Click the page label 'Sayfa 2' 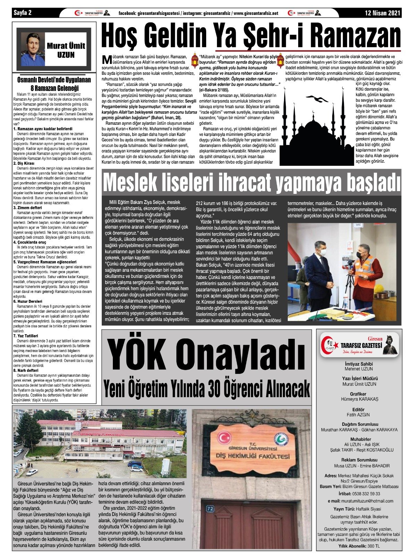click(x=23, y=13)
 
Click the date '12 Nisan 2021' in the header click(x=383, y=13)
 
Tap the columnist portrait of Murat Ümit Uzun click(x=33, y=50)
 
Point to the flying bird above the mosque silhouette click(x=317, y=100)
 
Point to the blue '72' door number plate click(x=210, y=509)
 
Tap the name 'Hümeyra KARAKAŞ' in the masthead click(x=359, y=399)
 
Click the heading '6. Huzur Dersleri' click(x=28, y=302)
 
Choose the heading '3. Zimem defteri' click(x=27, y=208)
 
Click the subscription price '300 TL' click(x=374, y=546)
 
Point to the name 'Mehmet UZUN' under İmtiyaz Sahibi click(x=359, y=369)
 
